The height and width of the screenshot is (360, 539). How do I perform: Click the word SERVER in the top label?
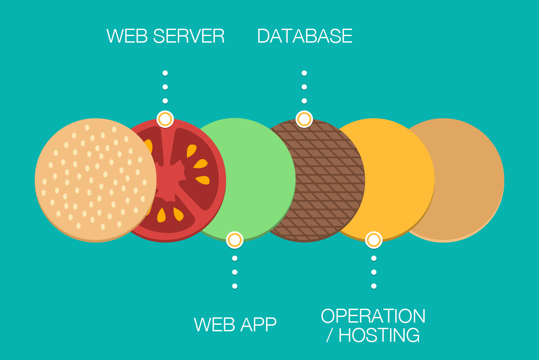click(x=189, y=36)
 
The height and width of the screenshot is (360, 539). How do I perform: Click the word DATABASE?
click(x=304, y=36)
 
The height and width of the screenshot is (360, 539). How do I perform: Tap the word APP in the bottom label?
click(x=258, y=325)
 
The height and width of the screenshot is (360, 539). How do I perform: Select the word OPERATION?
click(x=373, y=316)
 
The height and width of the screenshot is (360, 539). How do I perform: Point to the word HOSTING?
click(x=379, y=335)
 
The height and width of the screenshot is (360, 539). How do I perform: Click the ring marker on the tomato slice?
click(x=165, y=119)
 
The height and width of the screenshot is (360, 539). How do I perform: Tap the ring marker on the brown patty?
click(x=304, y=119)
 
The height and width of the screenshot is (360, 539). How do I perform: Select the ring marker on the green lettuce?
click(x=235, y=240)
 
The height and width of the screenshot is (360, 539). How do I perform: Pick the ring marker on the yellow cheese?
click(x=374, y=240)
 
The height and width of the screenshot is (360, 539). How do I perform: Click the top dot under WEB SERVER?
click(x=165, y=73)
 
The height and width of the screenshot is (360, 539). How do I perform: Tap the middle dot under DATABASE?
click(x=304, y=87)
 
